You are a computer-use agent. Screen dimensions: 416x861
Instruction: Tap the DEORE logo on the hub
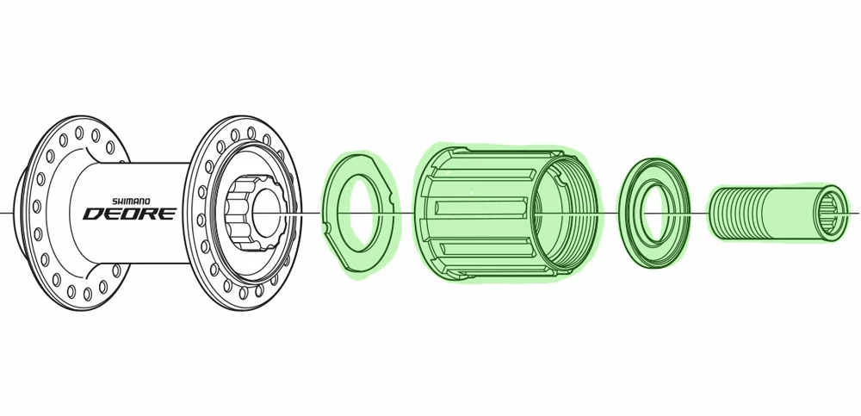[x=128, y=213]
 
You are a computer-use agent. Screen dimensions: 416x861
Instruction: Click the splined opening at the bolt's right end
[x=832, y=212]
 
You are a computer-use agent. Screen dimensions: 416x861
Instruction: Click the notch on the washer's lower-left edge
[x=328, y=227]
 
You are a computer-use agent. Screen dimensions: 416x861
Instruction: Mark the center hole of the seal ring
[x=653, y=212]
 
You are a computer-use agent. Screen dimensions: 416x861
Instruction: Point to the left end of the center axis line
[x=3, y=212]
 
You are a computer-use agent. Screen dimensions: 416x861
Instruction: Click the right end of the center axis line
[x=858, y=212]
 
